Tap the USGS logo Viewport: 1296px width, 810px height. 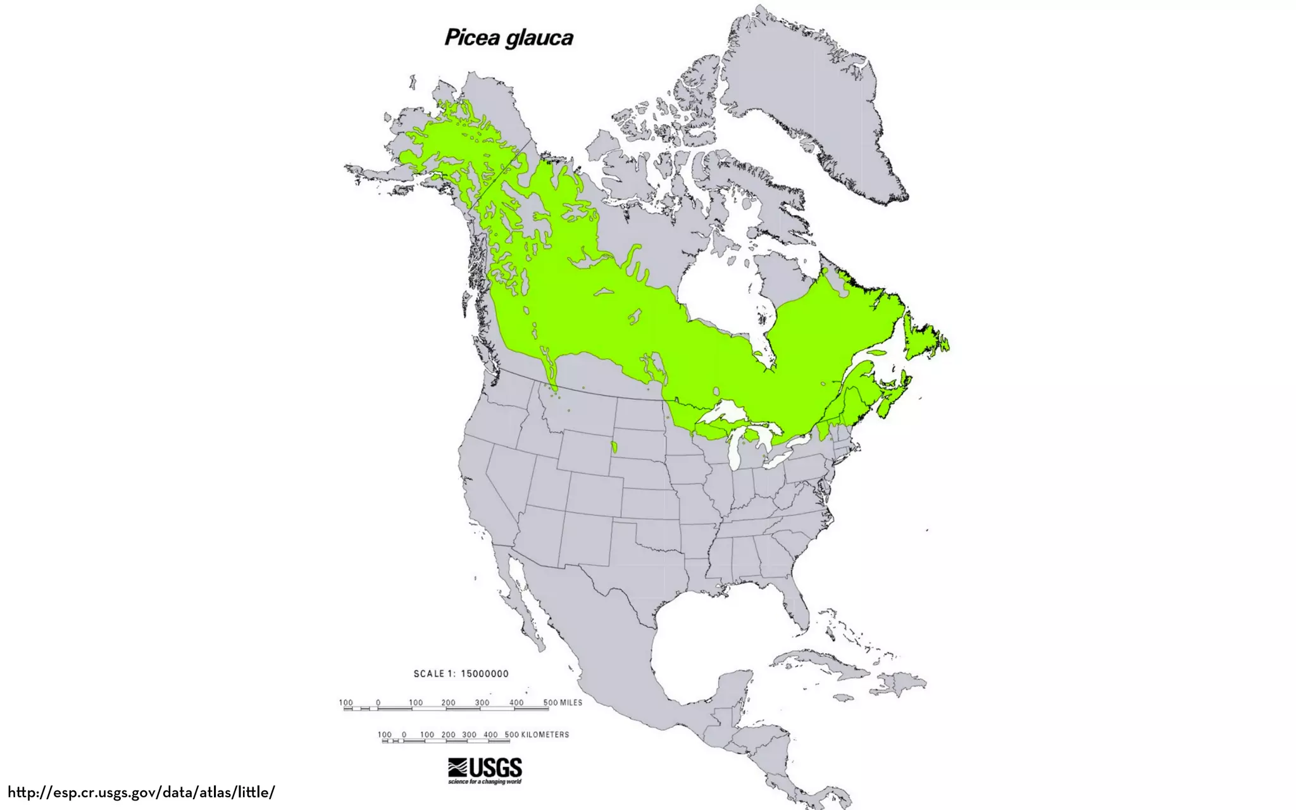pos(485,770)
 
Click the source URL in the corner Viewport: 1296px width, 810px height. pos(141,792)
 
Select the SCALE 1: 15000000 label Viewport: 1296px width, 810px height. pos(461,674)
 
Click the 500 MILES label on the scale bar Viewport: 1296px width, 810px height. pos(563,702)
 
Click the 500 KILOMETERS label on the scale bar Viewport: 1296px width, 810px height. pos(537,735)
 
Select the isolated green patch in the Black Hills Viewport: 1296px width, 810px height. pos(614,447)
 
